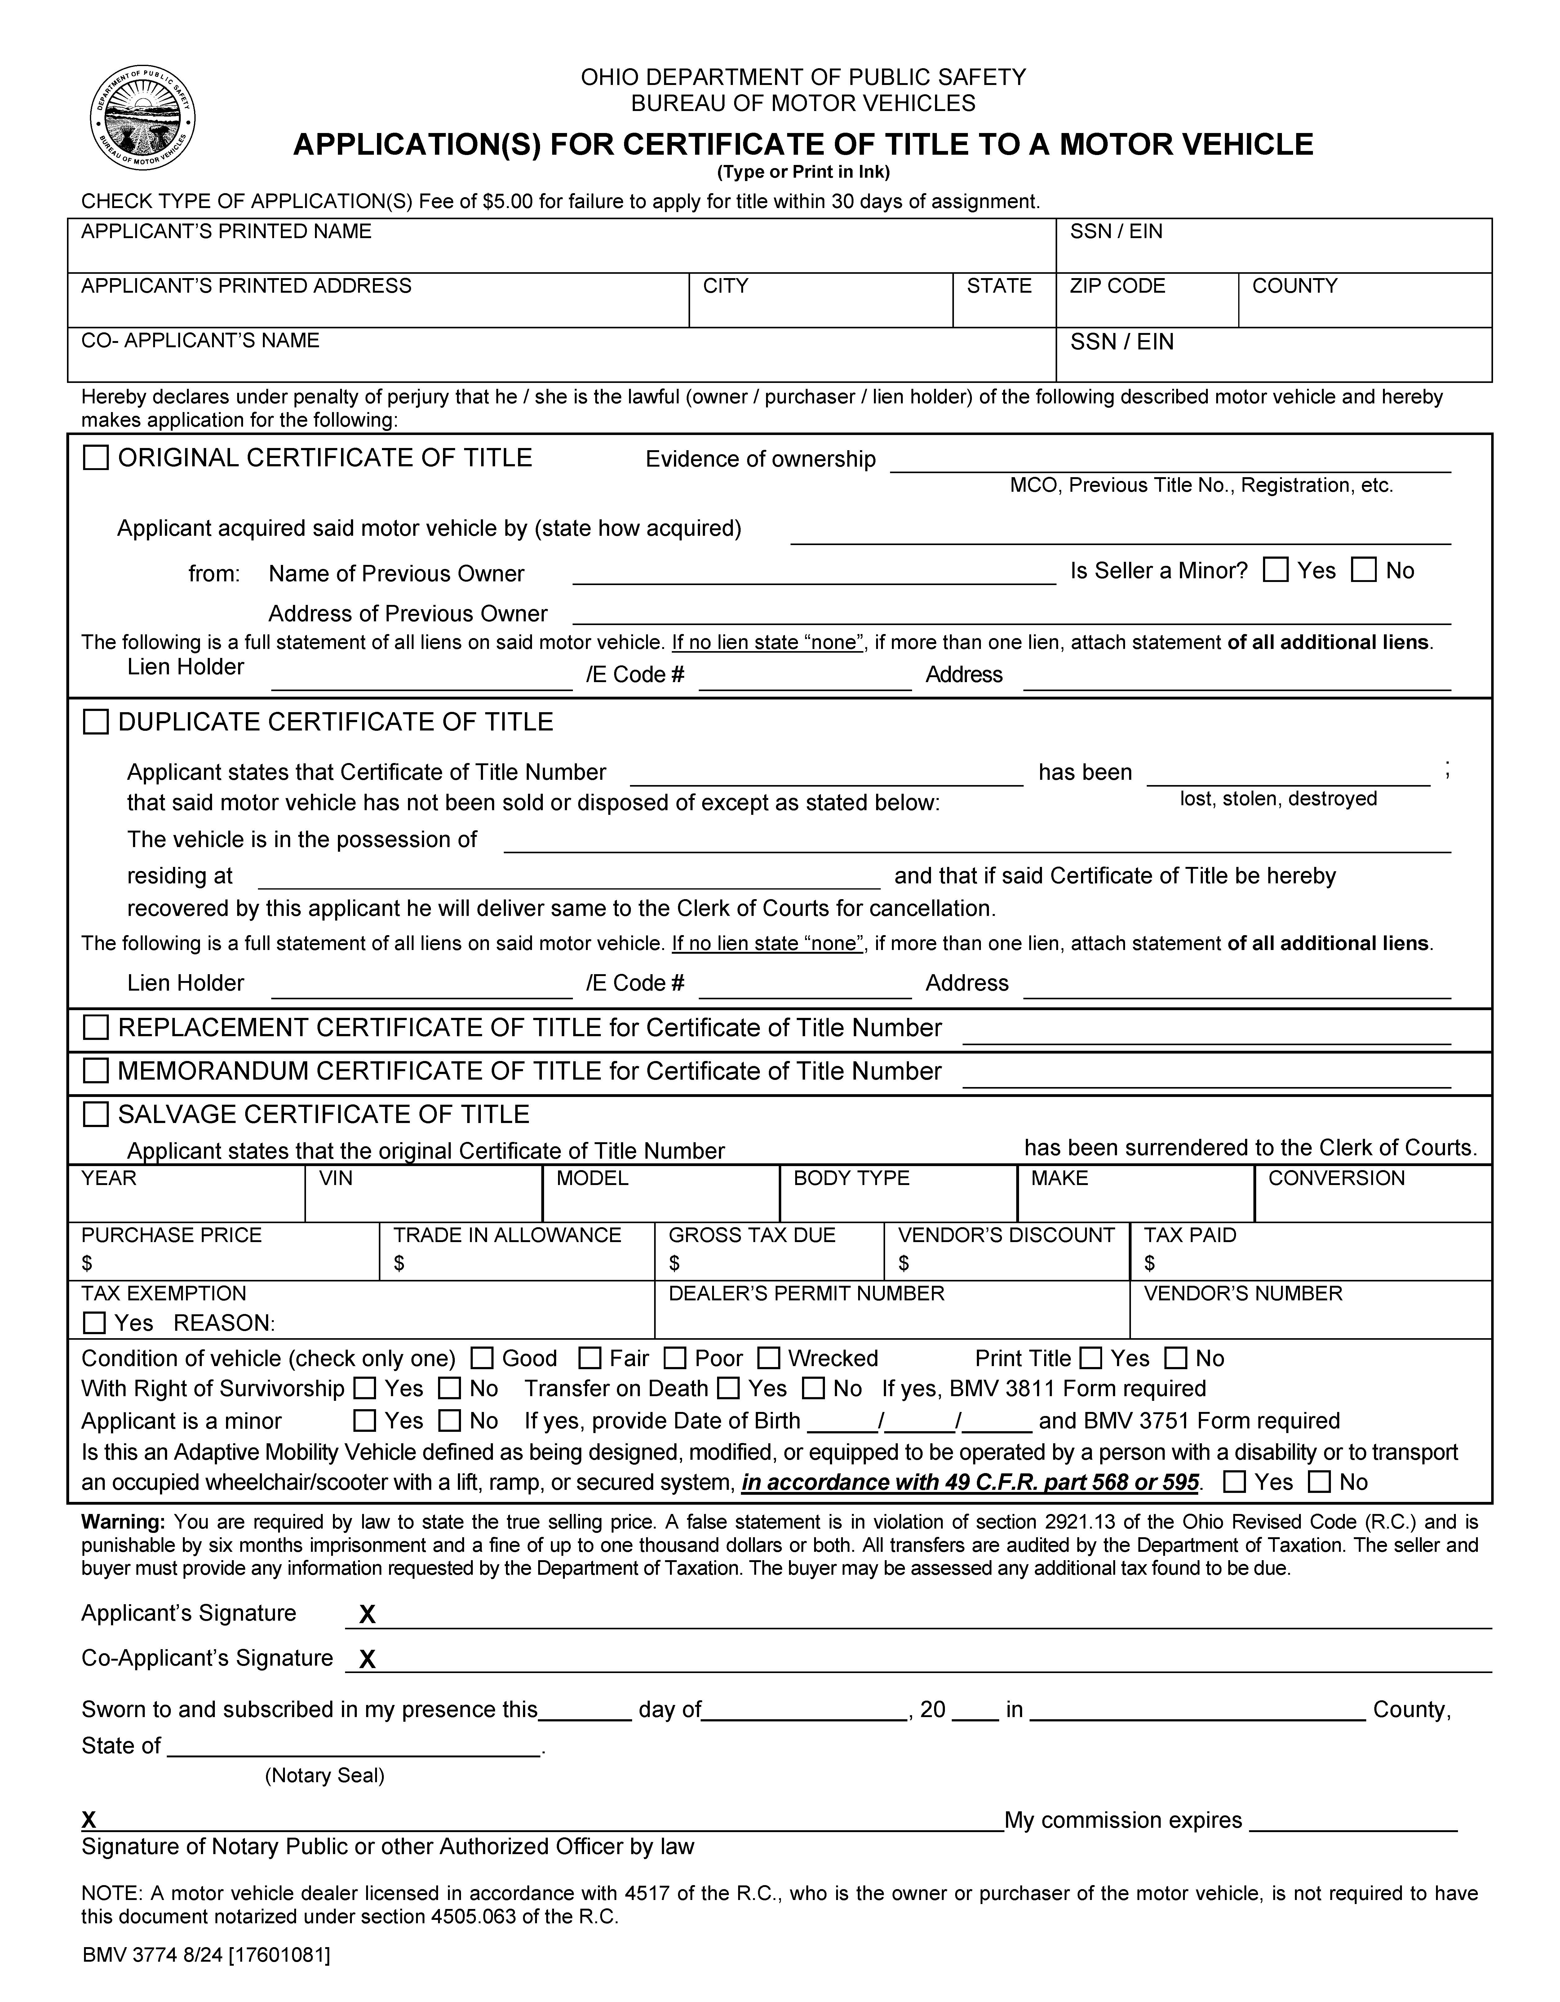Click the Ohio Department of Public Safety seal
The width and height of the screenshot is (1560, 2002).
tap(143, 118)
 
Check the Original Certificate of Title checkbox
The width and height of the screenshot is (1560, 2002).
tap(95, 457)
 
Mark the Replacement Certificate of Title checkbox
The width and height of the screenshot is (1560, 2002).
tap(95, 1028)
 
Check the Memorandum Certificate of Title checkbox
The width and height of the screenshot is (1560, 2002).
tap(95, 1071)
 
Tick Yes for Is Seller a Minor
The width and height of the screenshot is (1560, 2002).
tap(1275, 570)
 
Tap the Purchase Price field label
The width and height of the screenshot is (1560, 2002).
tap(171, 1235)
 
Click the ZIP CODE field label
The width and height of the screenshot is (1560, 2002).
tap(1117, 286)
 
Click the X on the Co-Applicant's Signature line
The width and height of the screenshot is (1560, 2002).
tap(367, 1659)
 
